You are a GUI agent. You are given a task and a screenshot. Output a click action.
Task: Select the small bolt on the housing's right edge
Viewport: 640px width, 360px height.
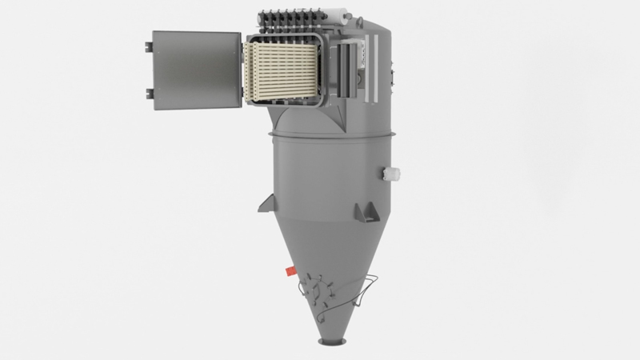391,76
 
